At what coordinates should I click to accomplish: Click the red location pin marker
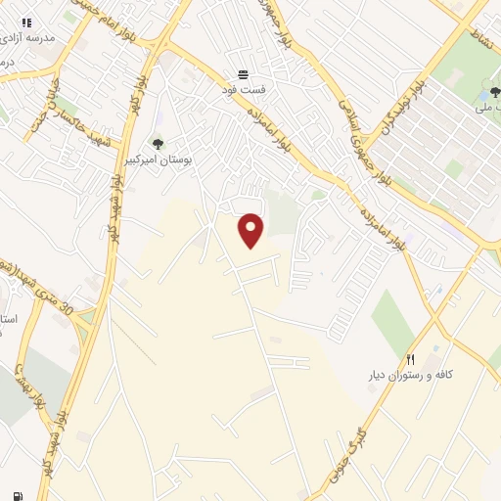pos(251,230)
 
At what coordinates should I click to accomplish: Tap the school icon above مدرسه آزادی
pos(26,22)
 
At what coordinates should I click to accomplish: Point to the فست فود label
pos(243,88)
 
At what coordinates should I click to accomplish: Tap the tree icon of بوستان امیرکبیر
pos(159,146)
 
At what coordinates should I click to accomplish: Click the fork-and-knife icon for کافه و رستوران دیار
pos(411,359)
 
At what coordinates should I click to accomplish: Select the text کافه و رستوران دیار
pos(412,375)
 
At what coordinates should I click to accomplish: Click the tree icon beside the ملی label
pos(488,96)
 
